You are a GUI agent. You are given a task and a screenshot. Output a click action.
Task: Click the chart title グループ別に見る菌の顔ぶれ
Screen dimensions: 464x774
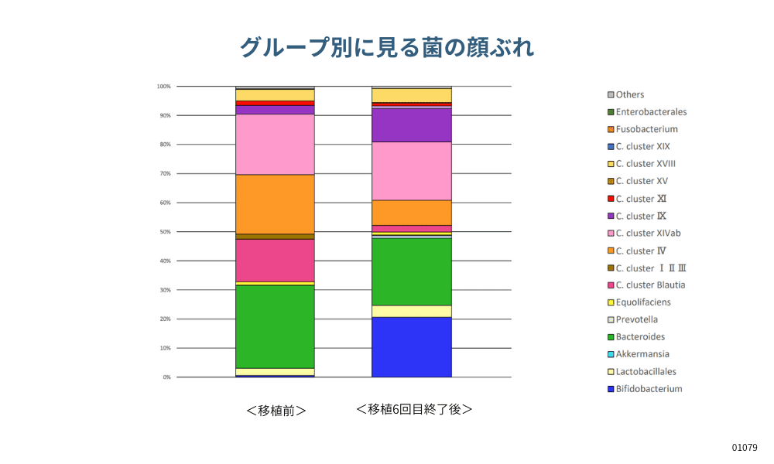coord(386,48)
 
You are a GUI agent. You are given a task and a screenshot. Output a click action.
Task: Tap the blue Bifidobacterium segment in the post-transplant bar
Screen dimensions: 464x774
coord(411,347)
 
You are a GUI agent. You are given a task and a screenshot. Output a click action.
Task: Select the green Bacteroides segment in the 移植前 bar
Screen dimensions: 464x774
coord(275,326)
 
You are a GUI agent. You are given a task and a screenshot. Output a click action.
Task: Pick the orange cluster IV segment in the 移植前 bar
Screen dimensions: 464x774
coord(275,204)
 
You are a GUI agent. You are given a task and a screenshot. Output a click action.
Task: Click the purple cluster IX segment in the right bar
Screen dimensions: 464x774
coord(411,125)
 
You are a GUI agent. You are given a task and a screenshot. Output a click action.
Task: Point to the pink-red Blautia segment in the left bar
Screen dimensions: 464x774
coord(275,261)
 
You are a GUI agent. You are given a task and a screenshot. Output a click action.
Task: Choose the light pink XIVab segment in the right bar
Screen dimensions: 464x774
coord(411,171)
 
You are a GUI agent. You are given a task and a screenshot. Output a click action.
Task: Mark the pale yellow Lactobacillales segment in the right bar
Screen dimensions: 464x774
coord(411,311)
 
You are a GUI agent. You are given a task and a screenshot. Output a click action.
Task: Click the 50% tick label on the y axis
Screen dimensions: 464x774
coord(164,232)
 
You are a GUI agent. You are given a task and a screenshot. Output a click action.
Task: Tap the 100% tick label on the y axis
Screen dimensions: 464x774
coord(163,87)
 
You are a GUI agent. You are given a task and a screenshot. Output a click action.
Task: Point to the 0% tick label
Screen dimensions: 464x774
coord(166,377)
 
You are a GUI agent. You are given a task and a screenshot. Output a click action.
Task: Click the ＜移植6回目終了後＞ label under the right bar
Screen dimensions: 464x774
coord(414,409)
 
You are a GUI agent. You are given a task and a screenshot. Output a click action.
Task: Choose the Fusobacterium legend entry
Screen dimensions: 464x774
coord(646,129)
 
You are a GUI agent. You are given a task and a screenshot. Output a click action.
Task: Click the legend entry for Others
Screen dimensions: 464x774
coord(629,94)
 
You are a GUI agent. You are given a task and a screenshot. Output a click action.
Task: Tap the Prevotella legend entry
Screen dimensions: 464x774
coord(636,319)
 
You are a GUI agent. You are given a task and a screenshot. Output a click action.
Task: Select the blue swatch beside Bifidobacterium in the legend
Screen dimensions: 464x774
coord(611,389)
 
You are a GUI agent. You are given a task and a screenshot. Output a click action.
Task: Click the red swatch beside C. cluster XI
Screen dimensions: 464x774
coord(611,199)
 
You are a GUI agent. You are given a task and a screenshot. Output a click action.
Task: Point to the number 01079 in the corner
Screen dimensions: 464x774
coord(745,448)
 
